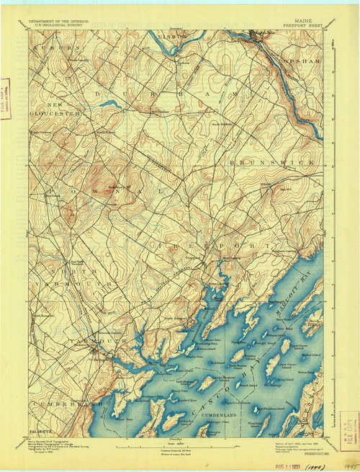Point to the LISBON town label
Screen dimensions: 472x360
pos(173,34)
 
